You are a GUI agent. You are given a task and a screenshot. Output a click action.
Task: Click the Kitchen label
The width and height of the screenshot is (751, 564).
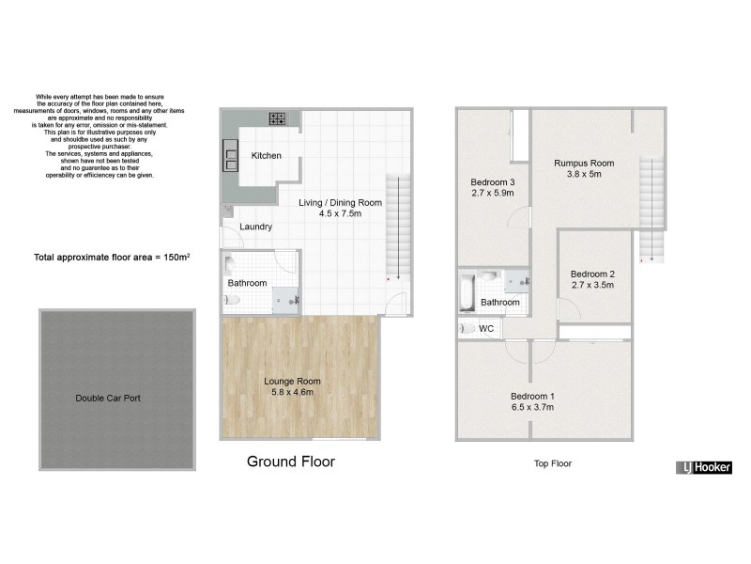(266, 155)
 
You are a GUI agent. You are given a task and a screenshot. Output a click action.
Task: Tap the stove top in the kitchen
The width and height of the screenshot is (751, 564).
(278, 118)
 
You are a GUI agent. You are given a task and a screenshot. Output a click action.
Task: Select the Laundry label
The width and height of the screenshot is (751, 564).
(256, 227)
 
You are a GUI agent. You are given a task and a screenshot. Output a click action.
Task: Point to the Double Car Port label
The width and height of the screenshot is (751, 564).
(108, 398)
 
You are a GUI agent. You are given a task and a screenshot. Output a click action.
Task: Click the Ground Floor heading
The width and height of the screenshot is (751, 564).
(290, 462)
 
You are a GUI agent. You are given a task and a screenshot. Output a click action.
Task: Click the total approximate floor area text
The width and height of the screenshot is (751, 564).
(112, 257)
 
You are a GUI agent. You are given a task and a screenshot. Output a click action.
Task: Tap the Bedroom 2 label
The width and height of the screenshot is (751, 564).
(592, 274)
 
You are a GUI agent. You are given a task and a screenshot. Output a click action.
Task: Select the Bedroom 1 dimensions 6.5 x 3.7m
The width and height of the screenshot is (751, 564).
(532, 408)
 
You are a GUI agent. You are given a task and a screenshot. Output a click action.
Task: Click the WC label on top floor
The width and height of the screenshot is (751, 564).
(486, 329)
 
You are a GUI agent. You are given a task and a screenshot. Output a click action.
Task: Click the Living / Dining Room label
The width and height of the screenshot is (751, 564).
(340, 202)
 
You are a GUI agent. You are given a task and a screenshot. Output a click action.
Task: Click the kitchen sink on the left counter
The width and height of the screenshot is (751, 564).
(229, 154)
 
